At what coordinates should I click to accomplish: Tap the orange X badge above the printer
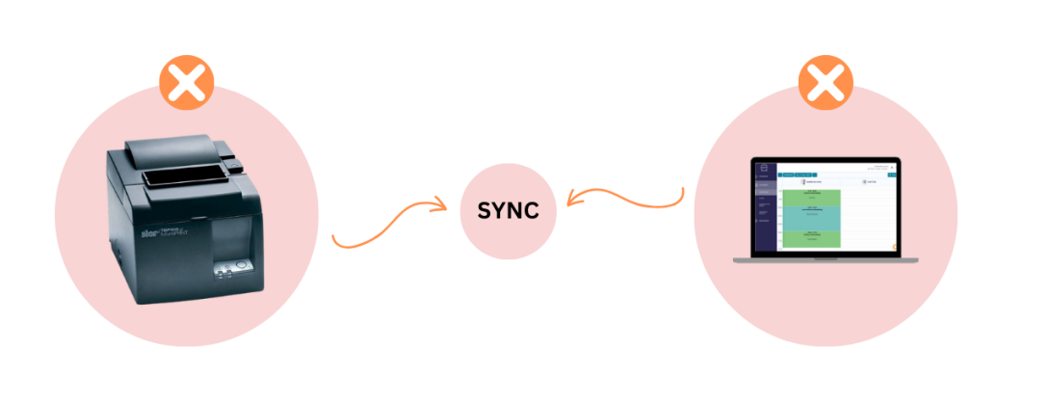coord(187,84)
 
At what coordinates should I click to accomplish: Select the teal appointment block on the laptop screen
coord(811,218)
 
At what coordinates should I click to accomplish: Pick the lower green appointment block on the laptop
coord(811,237)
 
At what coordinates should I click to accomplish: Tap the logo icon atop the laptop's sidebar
coord(764,168)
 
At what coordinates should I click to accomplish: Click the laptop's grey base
coord(826,260)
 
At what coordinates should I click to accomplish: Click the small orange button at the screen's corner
coord(895,246)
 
